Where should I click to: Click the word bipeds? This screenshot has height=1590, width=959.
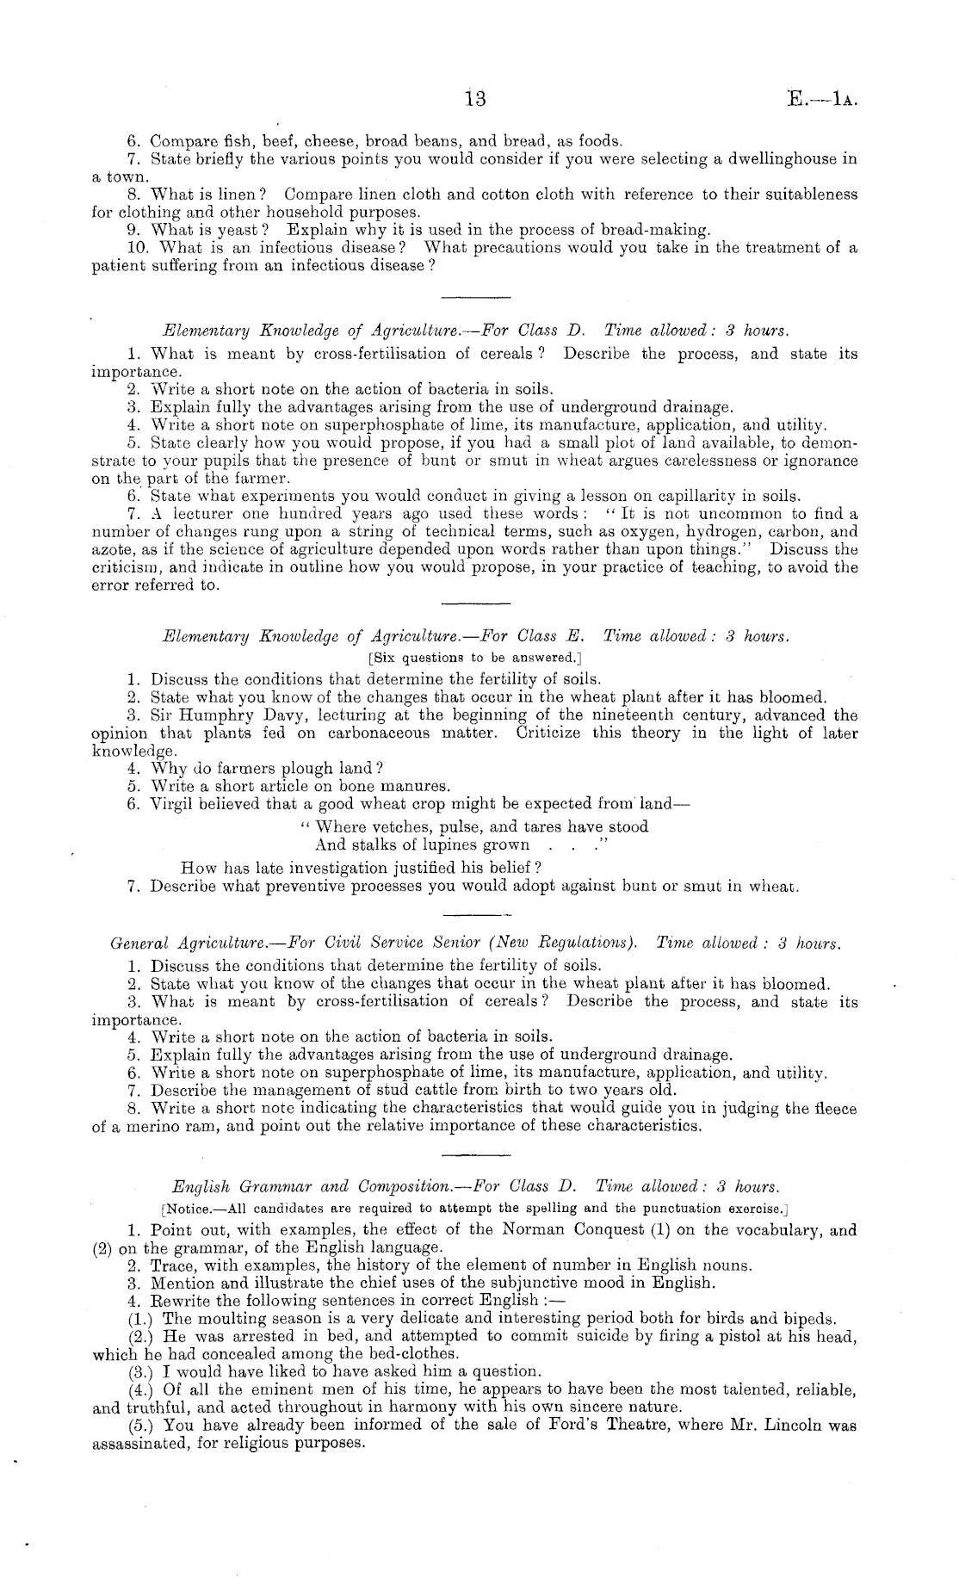809,1318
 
